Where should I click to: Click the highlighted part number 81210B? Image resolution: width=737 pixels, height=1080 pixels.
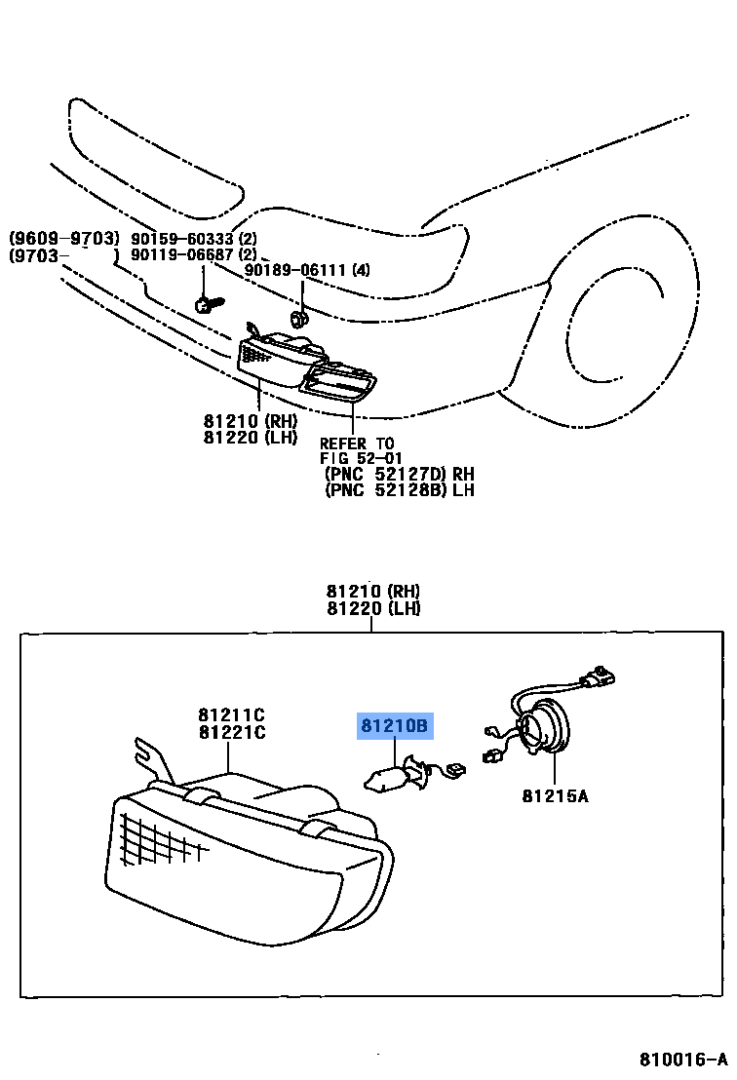point(395,726)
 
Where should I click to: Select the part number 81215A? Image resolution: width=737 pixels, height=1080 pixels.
point(555,795)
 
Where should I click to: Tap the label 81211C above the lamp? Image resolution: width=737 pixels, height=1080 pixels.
point(231,714)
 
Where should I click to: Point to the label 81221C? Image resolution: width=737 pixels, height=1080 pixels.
point(231,732)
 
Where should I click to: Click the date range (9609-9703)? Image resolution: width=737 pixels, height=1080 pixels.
point(63,239)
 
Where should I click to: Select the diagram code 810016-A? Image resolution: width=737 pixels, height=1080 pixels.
point(683,1060)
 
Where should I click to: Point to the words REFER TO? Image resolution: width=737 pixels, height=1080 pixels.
point(357,444)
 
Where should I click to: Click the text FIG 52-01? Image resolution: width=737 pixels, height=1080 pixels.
point(361,458)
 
